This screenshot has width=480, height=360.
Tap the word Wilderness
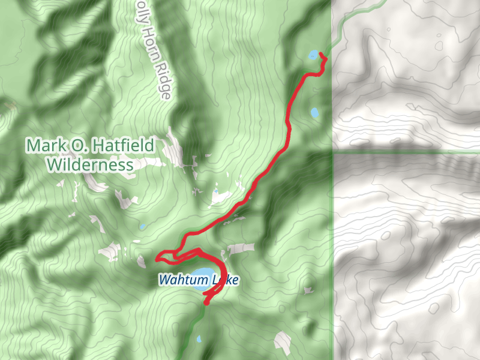(91, 164)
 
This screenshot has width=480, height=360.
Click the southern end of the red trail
(206, 304)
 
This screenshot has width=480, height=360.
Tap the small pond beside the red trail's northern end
(313, 55)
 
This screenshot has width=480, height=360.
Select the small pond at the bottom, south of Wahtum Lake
(199, 339)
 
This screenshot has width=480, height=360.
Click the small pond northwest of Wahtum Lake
(142, 227)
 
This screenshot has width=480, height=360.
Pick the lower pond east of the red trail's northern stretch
(314, 112)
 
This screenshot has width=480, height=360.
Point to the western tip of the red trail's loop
(157, 259)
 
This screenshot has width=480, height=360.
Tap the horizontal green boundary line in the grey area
(408, 152)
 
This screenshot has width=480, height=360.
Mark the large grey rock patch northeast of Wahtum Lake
(240, 248)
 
